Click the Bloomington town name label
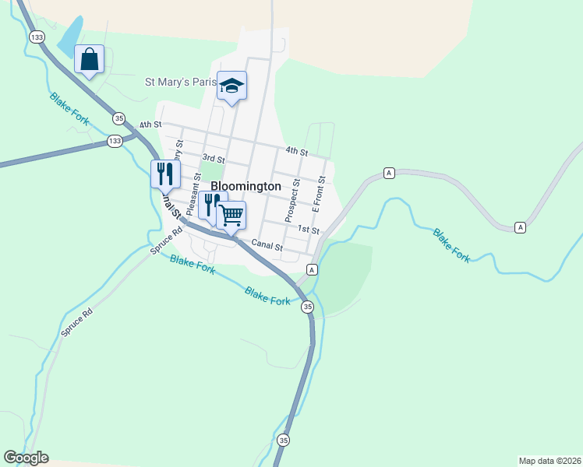pos(246,187)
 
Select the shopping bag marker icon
pos(89,59)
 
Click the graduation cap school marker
pos(231,85)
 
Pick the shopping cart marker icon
pos(231,215)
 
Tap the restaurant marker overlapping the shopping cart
pos(209,205)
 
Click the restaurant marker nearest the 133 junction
pos(164,174)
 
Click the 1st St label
pos(309,230)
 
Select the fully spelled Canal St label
pos(266,247)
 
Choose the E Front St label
pos(316,195)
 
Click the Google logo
pos(26,458)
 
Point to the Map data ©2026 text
pos(549,460)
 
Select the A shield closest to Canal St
pos(311,269)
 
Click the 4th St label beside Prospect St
pos(296,151)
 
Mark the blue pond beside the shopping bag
pos(68,35)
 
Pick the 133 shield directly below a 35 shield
pos(115,141)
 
